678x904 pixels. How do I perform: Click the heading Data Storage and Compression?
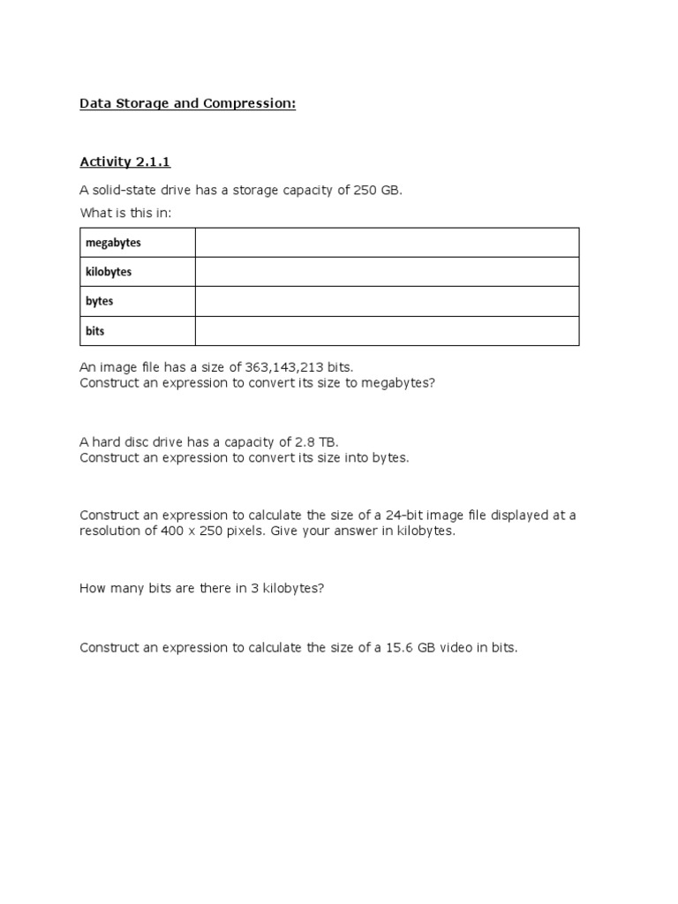[187, 103]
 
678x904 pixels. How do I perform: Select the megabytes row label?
[113, 242]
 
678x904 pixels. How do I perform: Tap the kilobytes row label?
[109, 272]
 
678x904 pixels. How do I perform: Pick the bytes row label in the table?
[100, 301]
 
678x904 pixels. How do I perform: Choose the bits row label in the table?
[94, 331]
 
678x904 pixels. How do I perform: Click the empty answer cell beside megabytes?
[387, 242]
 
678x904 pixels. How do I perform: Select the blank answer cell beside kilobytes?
[387, 272]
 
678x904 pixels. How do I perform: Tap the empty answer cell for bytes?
[387, 301]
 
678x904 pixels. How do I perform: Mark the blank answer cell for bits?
[387, 331]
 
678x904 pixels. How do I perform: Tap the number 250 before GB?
[365, 190]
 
